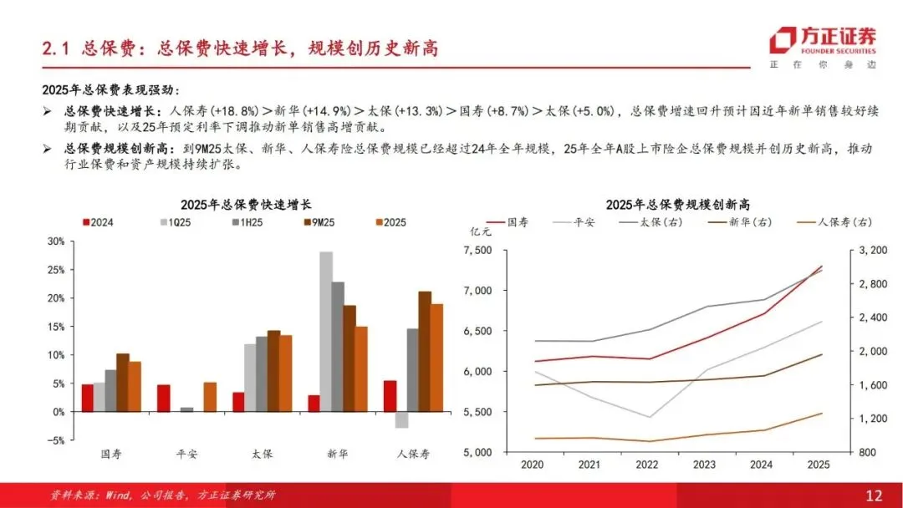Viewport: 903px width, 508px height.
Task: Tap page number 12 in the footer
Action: pyautogui.click(x=874, y=495)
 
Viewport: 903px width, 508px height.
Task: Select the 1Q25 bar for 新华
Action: pyautogui.click(x=326, y=332)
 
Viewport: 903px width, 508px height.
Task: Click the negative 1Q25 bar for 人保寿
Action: pyautogui.click(x=401, y=420)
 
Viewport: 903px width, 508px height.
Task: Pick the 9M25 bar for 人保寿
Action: pyautogui.click(x=425, y=352)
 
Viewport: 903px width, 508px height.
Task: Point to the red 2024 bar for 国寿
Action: pyautogui.click(x=88, y=398)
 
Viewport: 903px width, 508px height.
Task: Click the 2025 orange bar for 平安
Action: pyautogui.click(x=210, y=397)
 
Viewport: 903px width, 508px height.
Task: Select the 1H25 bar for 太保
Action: pyautogui.click(x=262, y=374)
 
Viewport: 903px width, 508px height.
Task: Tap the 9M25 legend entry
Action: pyautogui.click(x=319, y=222)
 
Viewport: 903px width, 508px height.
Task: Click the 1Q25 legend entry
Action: pyautogui.click(x=175, y=222)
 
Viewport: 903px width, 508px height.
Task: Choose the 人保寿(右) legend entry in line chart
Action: pyautogui.click(x=834, y=222)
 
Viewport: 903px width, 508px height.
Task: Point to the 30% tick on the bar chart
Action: pyautogui.click(x=57, y=241)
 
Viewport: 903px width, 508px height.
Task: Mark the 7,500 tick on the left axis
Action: pyautogui.click(x=478, y=251)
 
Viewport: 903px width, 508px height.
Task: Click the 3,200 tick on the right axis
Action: pyautogui.click(x=873, y=251)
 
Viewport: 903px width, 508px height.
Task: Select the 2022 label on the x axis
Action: pyautogui.click(x=646, y=465)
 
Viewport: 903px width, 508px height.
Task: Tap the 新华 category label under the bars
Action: pyautogui.click(x=338, y=454)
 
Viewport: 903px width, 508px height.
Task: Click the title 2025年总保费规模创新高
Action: pyautogui.click(x=677, y=204)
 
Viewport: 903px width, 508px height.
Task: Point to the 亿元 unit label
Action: pyautogui.click(x=480, y=231)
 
